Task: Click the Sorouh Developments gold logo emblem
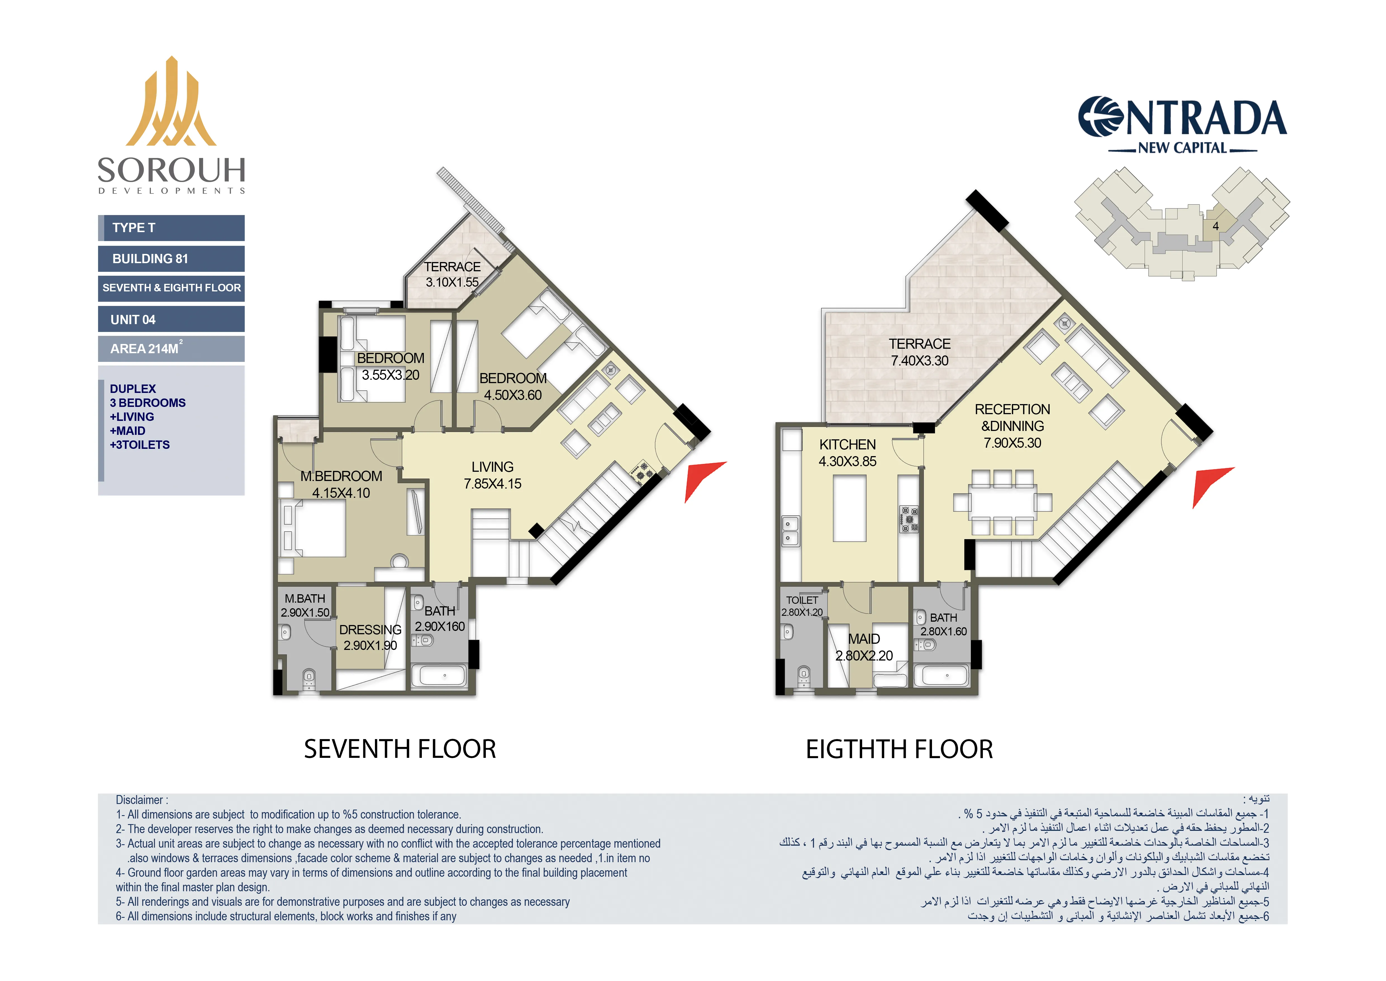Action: [171, 103]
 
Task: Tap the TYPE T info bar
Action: [172, 228]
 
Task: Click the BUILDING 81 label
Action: [172, 259]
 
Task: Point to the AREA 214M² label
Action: [172, 348]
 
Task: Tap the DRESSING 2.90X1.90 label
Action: [370, 637]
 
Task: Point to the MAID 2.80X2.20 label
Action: [864, 647]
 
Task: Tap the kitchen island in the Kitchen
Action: [849, 508]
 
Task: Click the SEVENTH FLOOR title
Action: [400, 749]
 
